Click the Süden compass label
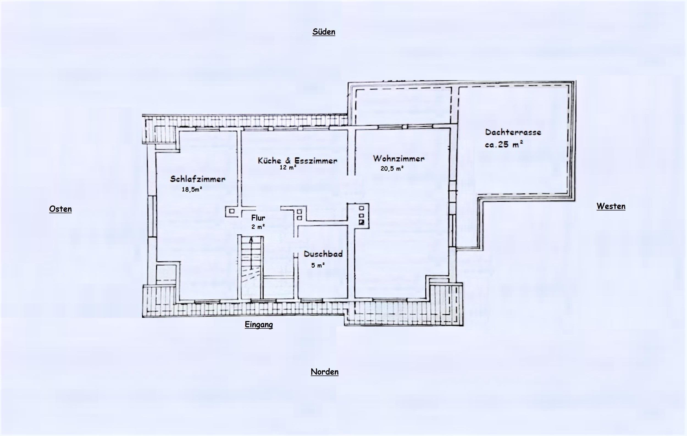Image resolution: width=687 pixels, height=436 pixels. coord(324,32)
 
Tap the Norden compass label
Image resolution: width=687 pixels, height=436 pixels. coord(325,372)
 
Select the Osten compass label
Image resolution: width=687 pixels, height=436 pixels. coord(60,209)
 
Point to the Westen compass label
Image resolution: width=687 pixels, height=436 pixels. coord(611,206)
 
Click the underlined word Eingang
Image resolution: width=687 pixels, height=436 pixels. coord(259,325)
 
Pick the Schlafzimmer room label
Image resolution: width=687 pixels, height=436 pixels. coord(198,179)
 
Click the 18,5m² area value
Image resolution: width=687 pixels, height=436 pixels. coord(192,189)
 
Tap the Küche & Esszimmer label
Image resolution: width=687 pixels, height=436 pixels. coord(298,160)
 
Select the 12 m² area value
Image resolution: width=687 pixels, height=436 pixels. coord(288,168)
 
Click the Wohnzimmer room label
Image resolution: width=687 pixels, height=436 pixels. coord(399,158)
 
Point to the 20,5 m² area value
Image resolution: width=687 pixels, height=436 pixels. coord(392,168)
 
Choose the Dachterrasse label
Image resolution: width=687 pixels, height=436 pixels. coord(513,132)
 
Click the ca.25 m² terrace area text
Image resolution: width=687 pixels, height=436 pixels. coord(504,144)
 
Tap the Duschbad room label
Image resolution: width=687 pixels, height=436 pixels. coord(323,254)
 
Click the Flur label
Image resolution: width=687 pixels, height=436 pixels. coord(258,218)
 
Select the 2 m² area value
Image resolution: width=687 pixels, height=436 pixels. coord(258,227)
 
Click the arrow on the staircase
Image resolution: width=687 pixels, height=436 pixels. coord(251,253)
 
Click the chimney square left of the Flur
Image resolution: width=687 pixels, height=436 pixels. coord(232,212)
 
